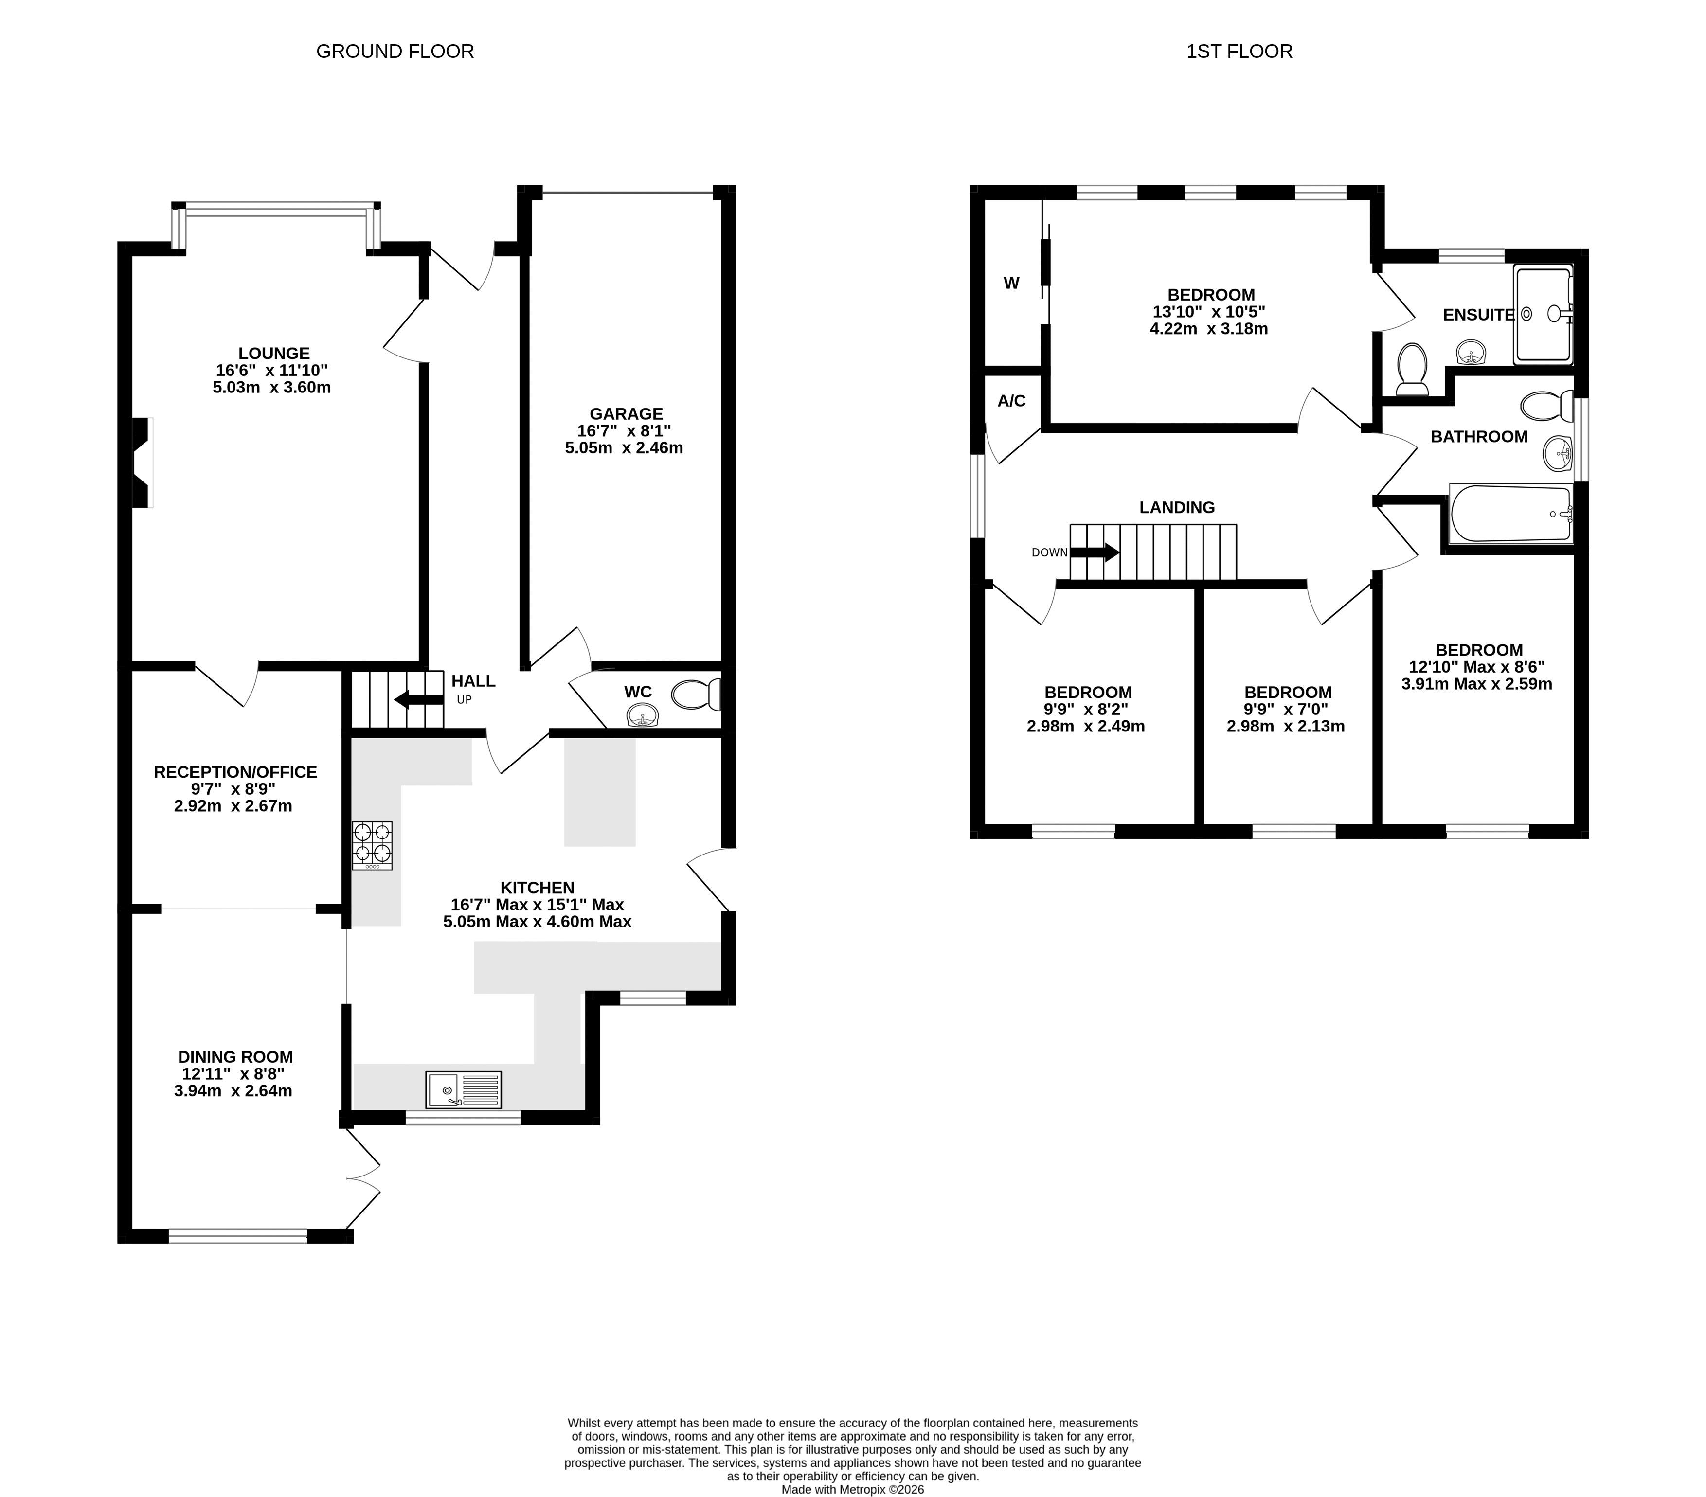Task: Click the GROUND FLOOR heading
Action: point(395,52)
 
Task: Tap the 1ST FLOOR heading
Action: point(1239,52)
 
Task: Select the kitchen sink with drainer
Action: point(464,1090)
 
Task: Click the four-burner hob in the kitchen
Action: point(372,845)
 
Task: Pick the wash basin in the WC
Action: point(642,715)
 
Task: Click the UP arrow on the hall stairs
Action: point(419,699)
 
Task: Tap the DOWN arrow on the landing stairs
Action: point(1094,552)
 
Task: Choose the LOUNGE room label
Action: point(274,354)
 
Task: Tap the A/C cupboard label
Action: point(1011,401)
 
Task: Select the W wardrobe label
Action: point(1011,283)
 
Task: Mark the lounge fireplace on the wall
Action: point(143,463)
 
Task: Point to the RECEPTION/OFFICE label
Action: point(235,772)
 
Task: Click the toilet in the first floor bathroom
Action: point(1546,407)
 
